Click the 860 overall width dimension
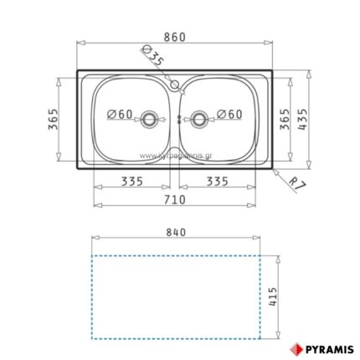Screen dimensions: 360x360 coord(175,37)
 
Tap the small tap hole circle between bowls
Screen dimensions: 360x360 coord(174,85)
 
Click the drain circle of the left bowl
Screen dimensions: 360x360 coord(151,118)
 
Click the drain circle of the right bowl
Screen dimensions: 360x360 coord(199,118)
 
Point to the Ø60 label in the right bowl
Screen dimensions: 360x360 coord(229,114)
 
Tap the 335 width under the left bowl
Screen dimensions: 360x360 coord(130,181)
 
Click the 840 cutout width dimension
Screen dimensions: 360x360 coord(174,232)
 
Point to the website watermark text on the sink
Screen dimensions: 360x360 coord(176,154)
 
